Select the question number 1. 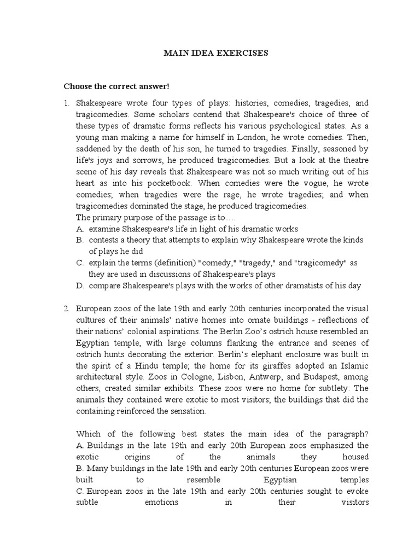66,103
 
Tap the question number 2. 66,309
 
